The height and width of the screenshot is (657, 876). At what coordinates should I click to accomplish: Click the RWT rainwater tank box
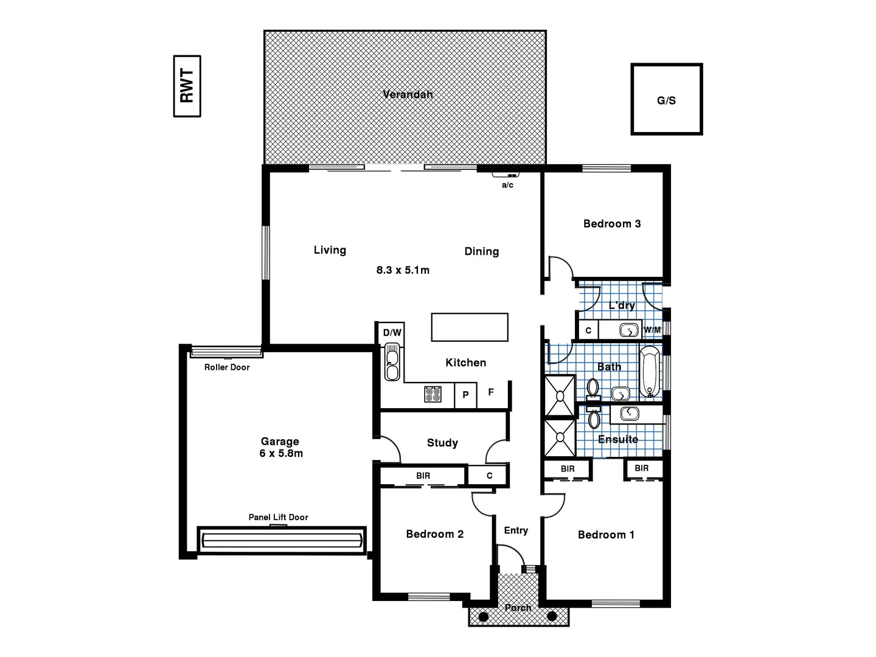click(x=187, y=86)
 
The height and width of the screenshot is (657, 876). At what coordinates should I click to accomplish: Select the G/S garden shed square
click(x=666, y=99)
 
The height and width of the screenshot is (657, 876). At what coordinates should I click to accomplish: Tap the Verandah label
click(x=408, y=94)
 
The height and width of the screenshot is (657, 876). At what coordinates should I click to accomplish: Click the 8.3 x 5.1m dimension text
click(x=403, y=270)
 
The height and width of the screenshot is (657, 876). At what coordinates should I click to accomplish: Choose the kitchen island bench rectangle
click(x=469, y=327)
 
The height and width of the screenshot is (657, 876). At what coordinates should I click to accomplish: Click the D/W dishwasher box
click(x=392, y=333)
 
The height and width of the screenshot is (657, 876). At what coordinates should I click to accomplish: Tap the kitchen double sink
click(x=392, y=363)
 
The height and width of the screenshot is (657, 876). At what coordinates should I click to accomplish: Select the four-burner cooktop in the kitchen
click(x=433, y=394)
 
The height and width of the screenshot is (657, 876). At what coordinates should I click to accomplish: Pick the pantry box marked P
click(x=465, y=395)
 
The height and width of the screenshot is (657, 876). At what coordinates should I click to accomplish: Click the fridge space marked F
click(x=491, y=393)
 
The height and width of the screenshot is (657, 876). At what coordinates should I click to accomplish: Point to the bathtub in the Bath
click(x=650, y=371)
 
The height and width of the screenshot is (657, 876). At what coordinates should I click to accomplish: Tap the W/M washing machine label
click(x=652, y=330)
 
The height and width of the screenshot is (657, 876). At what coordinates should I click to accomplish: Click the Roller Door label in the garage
click(x=227, y=367)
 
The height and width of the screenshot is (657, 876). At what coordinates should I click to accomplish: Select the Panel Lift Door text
click(x=278, y=517)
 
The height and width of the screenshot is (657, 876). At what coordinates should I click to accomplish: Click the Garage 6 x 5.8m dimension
click(x=280, y=453)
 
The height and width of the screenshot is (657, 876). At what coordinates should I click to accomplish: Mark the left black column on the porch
click(x=483, y=617)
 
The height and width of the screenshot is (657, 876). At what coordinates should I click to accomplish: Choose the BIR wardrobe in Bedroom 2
click(x=423, y=476)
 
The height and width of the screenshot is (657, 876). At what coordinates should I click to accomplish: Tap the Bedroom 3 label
click(x=611, y=224)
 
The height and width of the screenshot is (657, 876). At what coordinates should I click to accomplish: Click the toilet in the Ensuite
click(x=594, y=419)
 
